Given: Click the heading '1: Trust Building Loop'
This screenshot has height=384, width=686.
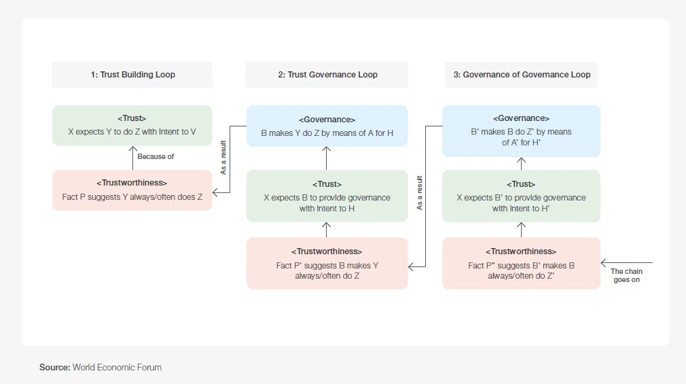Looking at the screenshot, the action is click(133, 75).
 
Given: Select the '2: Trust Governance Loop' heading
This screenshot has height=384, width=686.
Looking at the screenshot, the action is click(327, 75).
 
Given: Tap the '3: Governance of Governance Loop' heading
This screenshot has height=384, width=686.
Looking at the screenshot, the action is click(522, 75).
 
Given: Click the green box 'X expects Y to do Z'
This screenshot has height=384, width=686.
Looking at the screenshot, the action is click(132, 125).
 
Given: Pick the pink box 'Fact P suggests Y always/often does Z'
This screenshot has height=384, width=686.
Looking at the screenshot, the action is click(132, 190).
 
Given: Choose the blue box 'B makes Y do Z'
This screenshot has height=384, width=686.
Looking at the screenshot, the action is click(327, 126).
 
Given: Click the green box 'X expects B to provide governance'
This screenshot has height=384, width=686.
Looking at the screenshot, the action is click(327, 196).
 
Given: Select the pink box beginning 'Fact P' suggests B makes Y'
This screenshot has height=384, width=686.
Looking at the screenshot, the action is click(327, 263).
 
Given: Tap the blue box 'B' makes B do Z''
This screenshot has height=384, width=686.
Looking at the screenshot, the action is click(521, 130).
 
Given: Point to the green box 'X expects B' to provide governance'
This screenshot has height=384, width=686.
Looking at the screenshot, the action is click(521, 196).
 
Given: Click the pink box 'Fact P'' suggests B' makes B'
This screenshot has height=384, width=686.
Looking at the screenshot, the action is click(521, 263).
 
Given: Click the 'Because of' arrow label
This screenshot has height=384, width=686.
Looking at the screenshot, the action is click(156, 157).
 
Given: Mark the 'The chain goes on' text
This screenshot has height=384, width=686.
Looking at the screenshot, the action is click(626, 275).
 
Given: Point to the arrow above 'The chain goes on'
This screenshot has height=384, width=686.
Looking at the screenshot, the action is click(626, 263).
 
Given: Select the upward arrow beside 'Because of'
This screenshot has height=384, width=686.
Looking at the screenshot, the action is click(132, 158).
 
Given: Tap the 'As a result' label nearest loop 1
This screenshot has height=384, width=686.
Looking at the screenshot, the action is click(223, 158).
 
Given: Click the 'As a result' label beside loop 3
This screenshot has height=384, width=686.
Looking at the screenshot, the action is click(420, 192).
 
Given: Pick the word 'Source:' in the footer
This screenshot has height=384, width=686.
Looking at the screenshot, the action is click(55, 368).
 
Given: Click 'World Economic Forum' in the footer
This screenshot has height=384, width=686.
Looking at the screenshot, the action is click(117, 368).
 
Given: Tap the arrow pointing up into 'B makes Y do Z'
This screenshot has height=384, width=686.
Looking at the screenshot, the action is click(327, 158).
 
